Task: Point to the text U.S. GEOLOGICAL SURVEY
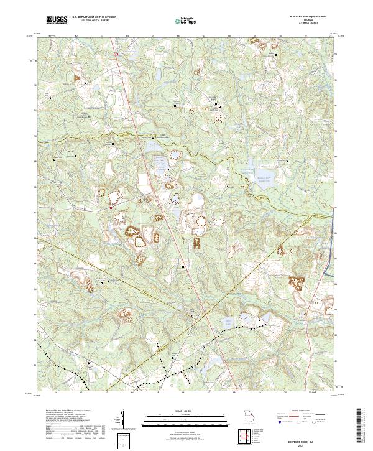tap(93, 21)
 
